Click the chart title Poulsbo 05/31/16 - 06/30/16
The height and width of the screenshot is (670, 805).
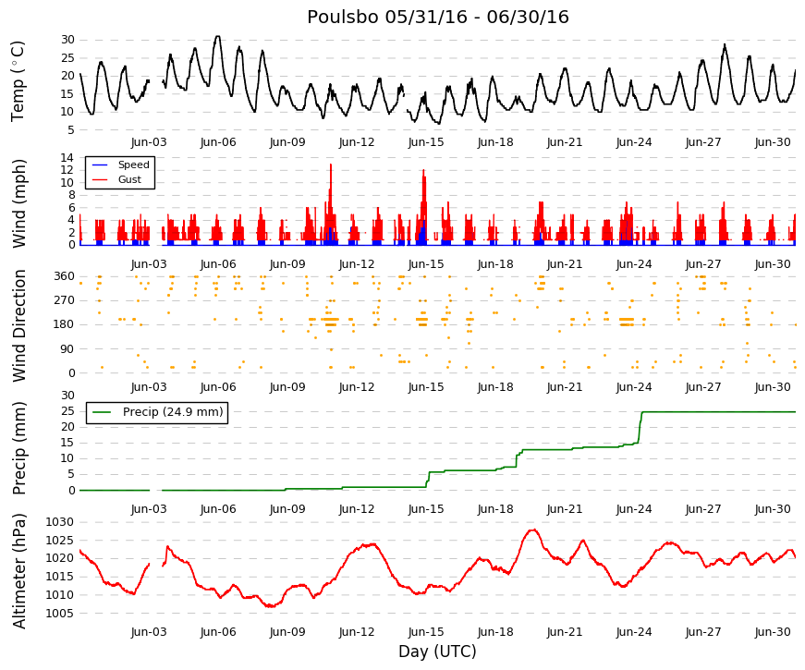coord(438,17)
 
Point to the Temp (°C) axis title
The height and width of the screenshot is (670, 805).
coord(18,81)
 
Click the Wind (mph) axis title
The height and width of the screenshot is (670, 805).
coord(18,203)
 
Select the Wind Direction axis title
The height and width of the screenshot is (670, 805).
coord(18,325)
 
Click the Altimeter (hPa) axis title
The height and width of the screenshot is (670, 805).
coord(18,570)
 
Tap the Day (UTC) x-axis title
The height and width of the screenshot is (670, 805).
coord(437,651)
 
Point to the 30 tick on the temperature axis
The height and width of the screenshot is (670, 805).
coord(67,40)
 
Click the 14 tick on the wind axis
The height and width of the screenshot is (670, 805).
coord(67,158)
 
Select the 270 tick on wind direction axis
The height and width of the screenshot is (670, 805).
coord(65,300)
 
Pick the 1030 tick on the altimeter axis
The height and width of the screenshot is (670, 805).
coord(59,522)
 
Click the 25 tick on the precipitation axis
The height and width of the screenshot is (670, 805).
coord(67,411)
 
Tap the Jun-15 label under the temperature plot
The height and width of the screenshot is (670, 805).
coord(426,142)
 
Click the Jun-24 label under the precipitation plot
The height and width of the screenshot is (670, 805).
coord(634,509)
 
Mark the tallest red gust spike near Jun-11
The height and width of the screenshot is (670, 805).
coord(331,165)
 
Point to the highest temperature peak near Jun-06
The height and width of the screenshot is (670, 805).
coord(218,37)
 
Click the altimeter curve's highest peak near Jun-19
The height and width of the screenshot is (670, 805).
coord(533,530)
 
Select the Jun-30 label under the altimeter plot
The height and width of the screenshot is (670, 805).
coord(773,631)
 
